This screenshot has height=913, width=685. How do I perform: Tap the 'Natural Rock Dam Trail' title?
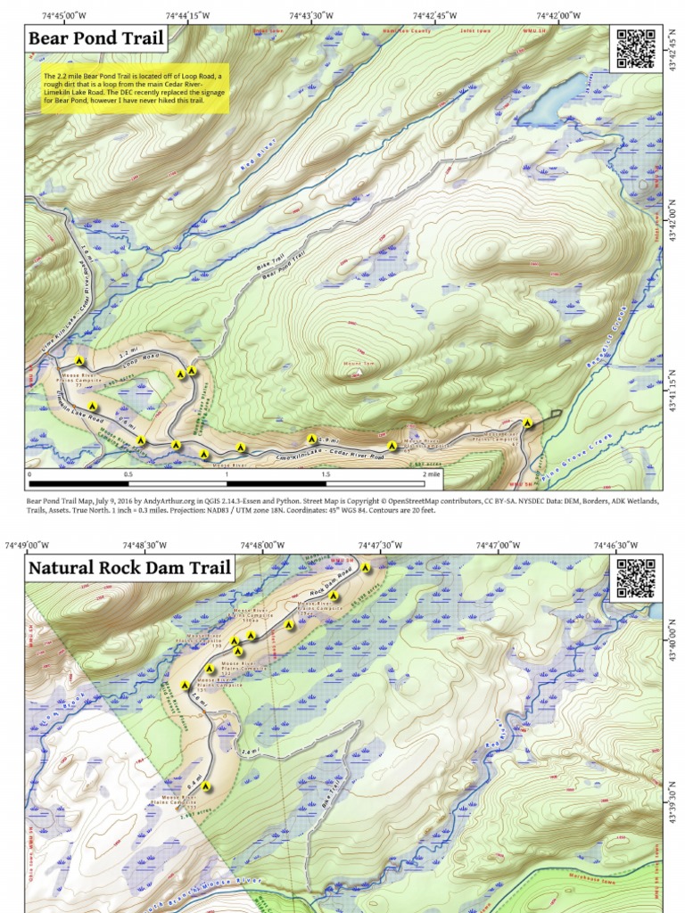[130, 567]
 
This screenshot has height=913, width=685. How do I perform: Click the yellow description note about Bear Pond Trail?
[136, 87]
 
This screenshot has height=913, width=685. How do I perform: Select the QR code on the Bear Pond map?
[635, 48]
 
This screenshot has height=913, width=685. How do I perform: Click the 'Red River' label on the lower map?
[496, 736]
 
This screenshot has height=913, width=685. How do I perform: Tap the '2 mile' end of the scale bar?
[433, 475]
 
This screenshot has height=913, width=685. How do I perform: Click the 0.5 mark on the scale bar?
[128, 475]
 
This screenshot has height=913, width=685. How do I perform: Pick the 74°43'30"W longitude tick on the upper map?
[311, 15]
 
